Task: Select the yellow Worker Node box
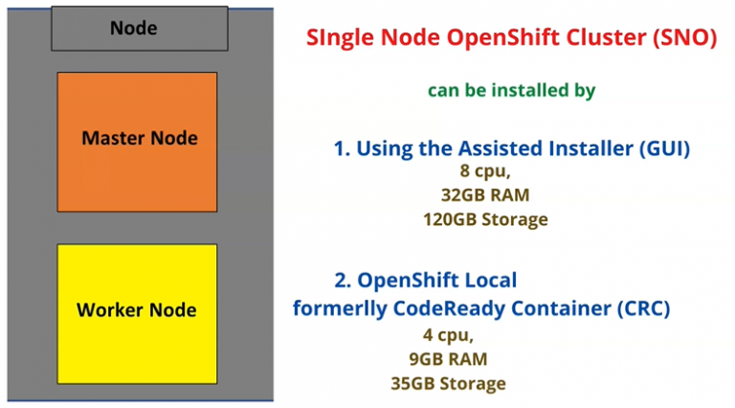137,310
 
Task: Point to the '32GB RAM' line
484,195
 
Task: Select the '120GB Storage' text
484,219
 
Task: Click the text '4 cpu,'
447,335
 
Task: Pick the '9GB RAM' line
447,359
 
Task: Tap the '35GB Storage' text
447,383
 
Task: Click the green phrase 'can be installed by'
511,90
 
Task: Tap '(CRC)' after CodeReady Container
641,308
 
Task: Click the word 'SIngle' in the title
338,39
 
